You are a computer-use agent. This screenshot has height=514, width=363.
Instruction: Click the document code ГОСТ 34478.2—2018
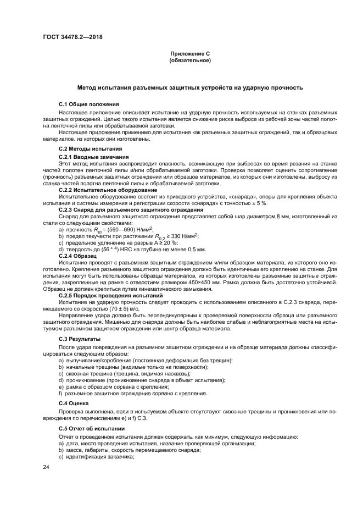click(x=72, y=37)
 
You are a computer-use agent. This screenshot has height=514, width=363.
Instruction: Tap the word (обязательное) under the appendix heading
click(x=190, y=60)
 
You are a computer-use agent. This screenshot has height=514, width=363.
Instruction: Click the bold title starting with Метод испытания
click(x=189, y=88)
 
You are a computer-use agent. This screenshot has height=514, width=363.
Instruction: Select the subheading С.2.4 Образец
click(x=77, y=256)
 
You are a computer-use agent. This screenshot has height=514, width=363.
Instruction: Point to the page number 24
click(x=46, y=467)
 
